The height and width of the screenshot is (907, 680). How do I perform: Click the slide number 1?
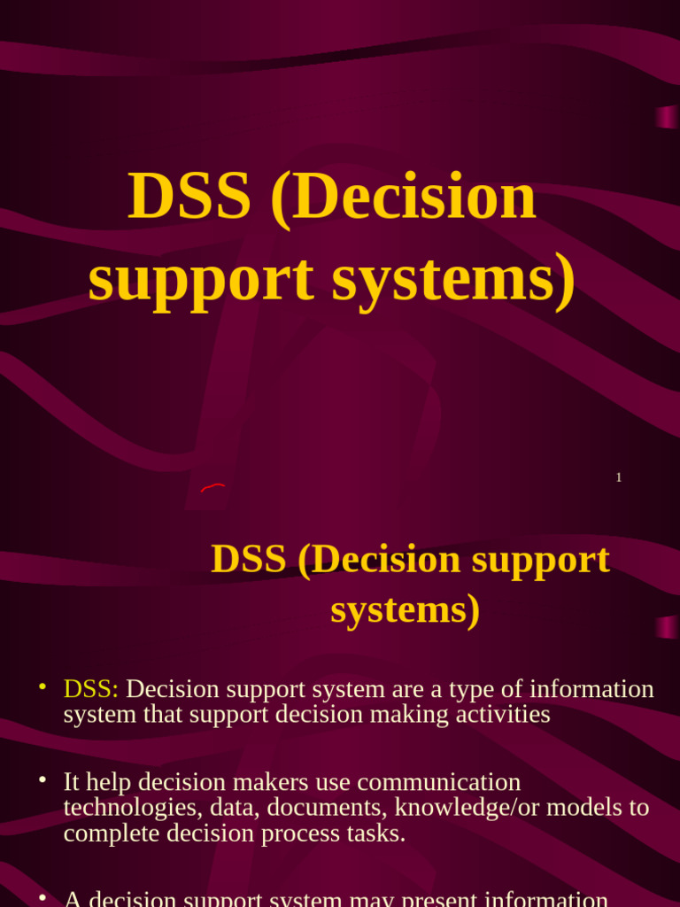(619, 477)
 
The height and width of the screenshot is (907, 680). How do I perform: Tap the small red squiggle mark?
(212, 486)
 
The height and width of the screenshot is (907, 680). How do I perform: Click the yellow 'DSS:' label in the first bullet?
(91, 689)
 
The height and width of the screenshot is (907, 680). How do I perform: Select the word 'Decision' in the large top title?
(404, 197)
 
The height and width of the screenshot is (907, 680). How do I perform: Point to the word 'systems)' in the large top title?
(453, 279)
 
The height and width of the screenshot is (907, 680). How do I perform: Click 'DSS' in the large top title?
(189, 197)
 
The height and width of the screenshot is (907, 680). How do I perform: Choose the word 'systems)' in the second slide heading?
(406, 609)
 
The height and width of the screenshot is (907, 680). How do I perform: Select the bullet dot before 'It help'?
(42, 779)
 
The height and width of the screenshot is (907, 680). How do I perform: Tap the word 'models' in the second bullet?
(588, 808)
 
